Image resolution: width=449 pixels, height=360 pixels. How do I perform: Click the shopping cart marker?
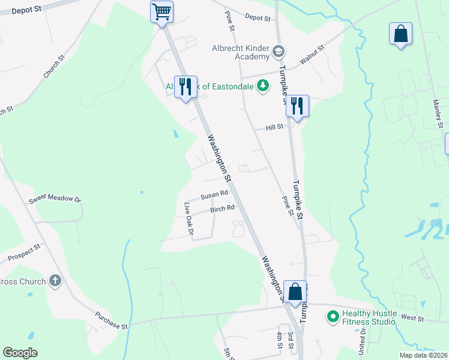point(161,12)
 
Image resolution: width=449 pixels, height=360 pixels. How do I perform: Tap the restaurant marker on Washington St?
point(185,88)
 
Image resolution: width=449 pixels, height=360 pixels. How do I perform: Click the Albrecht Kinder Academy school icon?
point(278,52)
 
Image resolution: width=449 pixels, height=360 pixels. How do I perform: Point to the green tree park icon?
point(262,86)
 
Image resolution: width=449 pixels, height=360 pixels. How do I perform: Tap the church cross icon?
point(55,281)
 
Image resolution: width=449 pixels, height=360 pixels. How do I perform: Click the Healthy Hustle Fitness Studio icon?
point(332,316)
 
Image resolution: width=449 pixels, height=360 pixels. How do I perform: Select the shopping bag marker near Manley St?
point(400,34)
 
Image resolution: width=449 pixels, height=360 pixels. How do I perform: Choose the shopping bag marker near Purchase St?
point(295,292)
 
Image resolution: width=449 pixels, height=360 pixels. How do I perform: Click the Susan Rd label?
point(214,194)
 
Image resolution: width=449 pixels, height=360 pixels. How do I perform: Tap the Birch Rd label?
point(222,209)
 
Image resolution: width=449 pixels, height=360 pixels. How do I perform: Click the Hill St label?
point(275,127)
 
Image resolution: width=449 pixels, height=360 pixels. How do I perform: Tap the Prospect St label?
point(25,252)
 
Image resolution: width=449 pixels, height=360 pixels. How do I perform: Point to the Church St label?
point(53,67)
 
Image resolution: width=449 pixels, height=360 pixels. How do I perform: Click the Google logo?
point(20,353)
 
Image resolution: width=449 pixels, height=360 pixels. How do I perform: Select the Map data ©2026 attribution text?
point(424,355)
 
